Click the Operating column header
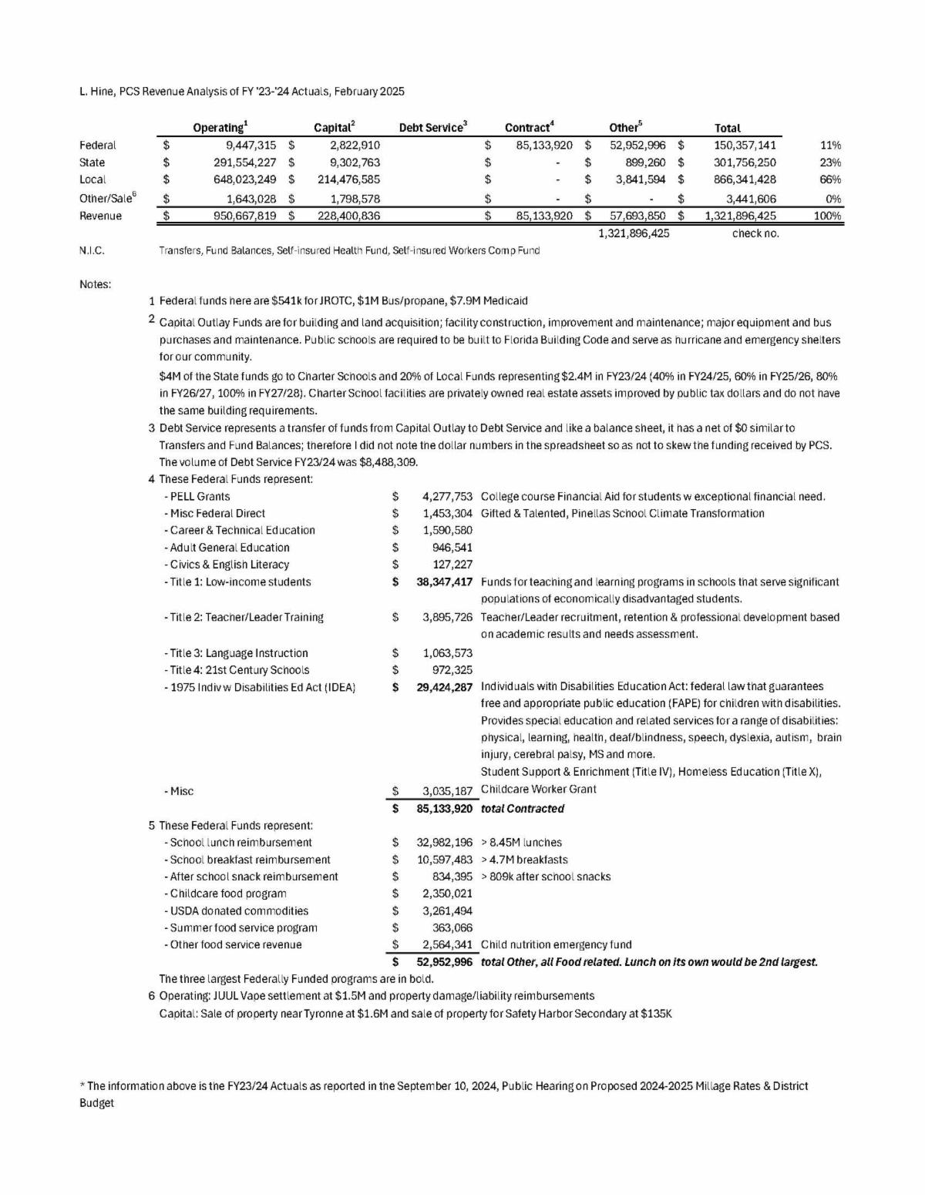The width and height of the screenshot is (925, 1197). (220, 128)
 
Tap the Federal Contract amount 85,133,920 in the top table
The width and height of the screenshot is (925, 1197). (544, 145)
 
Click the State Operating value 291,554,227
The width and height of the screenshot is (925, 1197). (244, 163)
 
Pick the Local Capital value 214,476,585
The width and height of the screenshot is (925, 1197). (348, 179)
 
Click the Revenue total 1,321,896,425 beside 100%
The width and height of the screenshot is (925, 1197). (740, 216)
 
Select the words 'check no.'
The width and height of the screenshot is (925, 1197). (755, 233)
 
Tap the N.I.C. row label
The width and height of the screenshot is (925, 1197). (92, 250)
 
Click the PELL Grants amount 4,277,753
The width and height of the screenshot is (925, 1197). (447, 496)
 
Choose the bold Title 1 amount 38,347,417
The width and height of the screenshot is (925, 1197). (444, 582)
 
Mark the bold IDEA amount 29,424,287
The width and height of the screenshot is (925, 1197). (444, 686)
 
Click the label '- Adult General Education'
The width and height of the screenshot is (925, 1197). (227, 548)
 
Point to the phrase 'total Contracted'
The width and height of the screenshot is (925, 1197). (523, 809)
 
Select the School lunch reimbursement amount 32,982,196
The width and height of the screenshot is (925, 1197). (444, 843)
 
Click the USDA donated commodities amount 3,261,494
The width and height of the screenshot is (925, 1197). (447, 910)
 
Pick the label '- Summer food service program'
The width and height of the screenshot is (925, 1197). (240, 928)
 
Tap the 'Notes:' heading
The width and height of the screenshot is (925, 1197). (95, 284)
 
